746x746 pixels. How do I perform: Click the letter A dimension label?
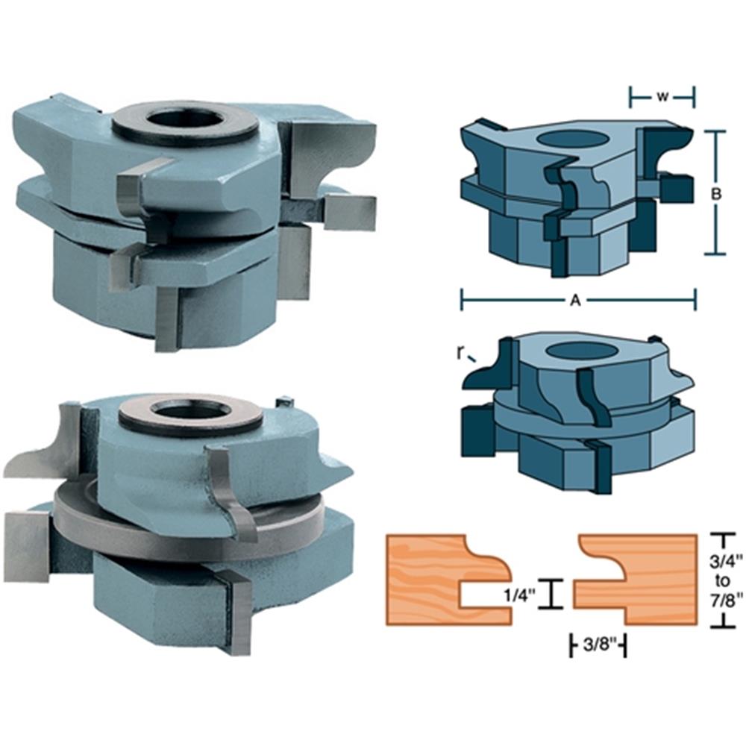(x=575, y=300)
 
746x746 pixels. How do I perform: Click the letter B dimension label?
(x=716, y=192)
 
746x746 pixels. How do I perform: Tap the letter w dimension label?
(x=662, y=95)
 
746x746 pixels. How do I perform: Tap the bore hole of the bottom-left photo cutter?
(x=191, y=410)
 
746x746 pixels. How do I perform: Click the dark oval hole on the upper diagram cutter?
(x=577, y=138)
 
